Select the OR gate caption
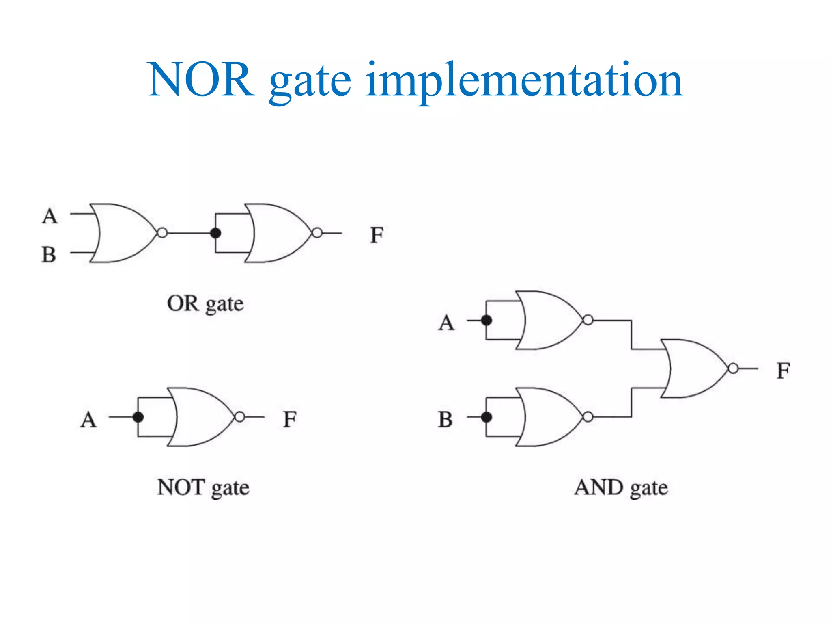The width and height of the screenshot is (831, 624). [x=205, y=304]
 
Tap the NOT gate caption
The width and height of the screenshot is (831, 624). [x=203, y=487]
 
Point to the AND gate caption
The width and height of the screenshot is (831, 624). [x=621, y=487]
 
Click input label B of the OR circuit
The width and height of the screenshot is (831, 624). [x=49, y=255]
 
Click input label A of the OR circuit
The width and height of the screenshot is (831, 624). [x=50, y=216]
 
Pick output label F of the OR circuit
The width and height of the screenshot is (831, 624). [x=377, y=235]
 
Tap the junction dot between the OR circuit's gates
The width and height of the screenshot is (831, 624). [x=215, y=233]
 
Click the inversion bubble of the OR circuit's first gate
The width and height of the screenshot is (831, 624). [x=162, y=233]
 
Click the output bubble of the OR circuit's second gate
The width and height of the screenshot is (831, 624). [x=317, y=233]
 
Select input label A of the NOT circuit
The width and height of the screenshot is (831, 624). [x=88, y=420]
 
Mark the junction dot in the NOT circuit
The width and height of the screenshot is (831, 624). [x=138, y=417]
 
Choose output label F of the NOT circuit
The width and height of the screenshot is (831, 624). [x=290, y=419]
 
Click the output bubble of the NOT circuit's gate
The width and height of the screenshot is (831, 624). [x=240, y=417]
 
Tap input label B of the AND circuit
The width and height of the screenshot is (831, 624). [x=445, y=420]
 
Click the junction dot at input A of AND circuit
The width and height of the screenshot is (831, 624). [x=486, y=321]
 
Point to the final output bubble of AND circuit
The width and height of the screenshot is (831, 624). [x=733, y=368]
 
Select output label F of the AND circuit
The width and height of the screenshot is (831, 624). [x=783, y=371]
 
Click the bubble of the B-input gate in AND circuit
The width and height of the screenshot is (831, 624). [x=588, y=417]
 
